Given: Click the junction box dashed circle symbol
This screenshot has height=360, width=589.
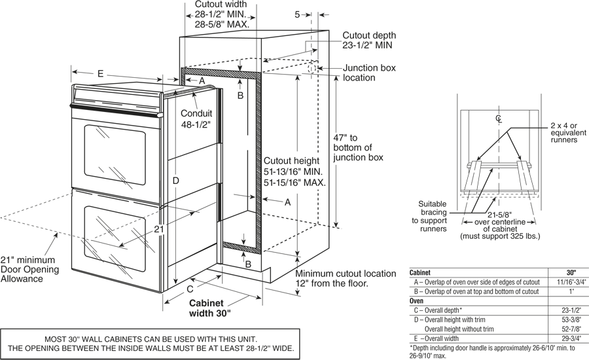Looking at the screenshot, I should tap(312, 68).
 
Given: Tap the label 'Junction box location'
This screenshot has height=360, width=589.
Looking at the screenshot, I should tap(368, 73).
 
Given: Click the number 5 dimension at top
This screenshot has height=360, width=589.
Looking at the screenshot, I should tap(297, 14).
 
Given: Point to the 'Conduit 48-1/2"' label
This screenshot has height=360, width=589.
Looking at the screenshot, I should tap(196, 117).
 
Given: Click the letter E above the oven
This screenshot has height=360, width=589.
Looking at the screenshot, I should tap(100, 74).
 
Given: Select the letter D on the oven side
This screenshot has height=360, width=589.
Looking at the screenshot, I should tap(175, 180).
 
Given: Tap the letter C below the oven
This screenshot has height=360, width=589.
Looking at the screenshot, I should tap(190, 289).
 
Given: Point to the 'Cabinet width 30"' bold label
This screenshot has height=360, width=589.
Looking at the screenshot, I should tap(210, 308).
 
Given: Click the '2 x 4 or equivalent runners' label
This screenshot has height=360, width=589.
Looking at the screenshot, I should tap(563, 132).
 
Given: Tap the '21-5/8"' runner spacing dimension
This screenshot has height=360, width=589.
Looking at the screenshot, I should tap(499, 214).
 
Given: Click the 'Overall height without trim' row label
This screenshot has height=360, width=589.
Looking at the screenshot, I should tap(459, 329).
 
